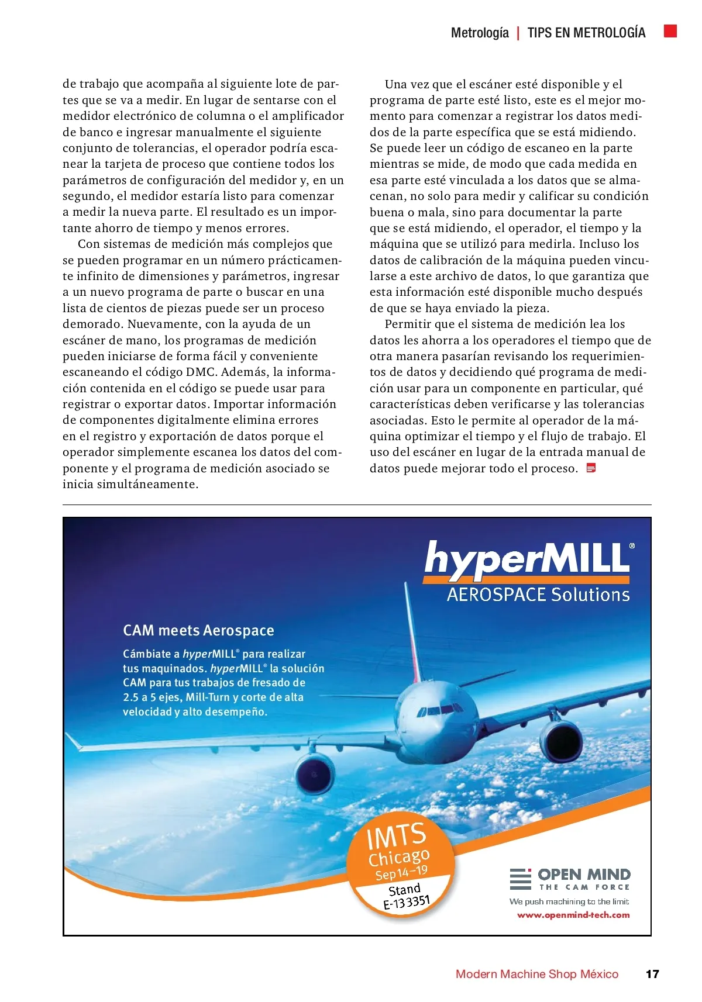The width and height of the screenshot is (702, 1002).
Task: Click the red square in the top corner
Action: tap(670, 31)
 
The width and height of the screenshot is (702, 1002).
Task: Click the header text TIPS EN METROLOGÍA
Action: tap(586, 33)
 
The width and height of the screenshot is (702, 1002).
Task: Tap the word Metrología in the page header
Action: tap(480, 33)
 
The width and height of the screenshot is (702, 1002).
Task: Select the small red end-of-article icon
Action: tap(591, 468)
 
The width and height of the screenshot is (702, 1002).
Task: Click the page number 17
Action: tap(652, 974)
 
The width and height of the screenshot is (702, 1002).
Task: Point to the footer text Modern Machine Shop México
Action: tap(536, 974)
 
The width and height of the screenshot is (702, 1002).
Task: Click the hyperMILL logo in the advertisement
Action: tap(526, 559)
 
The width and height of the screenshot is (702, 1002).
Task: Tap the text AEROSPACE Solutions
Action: tap(538, 595)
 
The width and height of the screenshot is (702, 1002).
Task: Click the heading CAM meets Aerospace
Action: tap(198, 630)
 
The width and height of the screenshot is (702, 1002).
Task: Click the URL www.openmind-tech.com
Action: tap(573, 915)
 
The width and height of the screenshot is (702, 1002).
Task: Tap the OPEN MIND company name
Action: tap(584, 875)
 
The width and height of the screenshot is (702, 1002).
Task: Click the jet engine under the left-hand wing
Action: tap(315, 775)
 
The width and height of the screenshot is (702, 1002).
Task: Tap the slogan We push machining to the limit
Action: tap(569, 901)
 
